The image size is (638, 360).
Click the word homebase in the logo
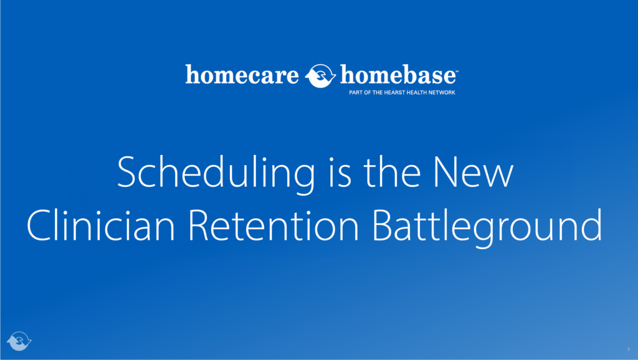pos(398,75)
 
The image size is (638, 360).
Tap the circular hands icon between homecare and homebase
pos(321,76)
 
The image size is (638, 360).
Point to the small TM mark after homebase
pos(457,70)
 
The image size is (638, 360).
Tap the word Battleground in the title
pos(487,226)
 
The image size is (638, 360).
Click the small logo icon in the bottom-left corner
pos(19,341)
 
